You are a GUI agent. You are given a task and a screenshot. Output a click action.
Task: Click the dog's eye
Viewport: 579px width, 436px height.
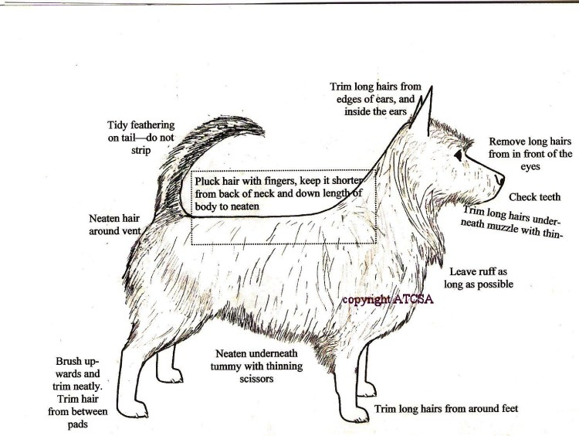459,155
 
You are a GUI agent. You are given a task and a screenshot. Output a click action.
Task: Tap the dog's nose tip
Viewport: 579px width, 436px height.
500,179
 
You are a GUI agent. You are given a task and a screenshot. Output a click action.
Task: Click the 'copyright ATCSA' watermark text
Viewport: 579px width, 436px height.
388,299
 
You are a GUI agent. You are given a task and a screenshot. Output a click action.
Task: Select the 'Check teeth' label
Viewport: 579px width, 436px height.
535,197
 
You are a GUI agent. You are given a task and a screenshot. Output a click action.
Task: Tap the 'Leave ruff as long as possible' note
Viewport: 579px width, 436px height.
479,278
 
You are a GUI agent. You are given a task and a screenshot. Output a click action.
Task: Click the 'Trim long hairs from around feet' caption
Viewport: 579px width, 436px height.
446,409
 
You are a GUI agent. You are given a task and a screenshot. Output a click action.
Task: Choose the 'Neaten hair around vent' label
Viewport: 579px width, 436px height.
115,224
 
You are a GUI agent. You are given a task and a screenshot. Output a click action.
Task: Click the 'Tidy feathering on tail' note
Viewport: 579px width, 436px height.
141,137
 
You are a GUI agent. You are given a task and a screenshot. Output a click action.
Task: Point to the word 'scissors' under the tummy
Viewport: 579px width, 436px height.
256,379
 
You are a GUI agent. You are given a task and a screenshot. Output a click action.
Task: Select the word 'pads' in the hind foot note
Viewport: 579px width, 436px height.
77,424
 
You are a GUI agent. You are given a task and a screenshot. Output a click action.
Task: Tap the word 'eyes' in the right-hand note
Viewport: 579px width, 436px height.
530,167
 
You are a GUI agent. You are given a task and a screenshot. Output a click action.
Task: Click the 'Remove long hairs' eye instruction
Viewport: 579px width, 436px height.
530,141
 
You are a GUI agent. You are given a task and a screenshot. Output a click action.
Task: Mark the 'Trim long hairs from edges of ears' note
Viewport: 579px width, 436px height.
375,99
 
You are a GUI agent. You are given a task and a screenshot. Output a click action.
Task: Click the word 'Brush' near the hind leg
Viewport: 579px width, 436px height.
69,361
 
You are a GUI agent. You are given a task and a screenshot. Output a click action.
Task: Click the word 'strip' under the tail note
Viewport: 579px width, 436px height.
141,151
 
